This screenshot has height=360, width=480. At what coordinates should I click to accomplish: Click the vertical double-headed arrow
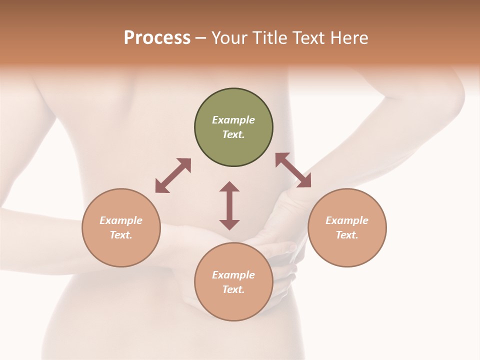coord(229,205)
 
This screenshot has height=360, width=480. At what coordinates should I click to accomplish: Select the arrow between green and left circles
coord(173,175)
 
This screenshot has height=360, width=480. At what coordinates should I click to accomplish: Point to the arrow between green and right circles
coord(293,170)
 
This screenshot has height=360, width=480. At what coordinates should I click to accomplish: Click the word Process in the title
coord(157,38)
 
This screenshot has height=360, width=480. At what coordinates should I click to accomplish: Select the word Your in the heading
coord(228,38)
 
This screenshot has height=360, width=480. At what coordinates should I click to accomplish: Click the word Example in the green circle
coord(233,120)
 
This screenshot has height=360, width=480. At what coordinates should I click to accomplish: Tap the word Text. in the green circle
coord(233,134)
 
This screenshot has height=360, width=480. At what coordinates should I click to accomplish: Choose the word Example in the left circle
coord(121,220)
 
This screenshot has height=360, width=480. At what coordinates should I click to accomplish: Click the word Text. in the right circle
coord(347,235)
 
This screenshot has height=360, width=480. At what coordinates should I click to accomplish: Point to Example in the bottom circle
coord(233,275)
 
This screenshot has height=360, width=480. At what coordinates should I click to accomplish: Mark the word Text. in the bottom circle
coord(233,289)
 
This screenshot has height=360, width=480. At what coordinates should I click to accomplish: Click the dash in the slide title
coord(201,38)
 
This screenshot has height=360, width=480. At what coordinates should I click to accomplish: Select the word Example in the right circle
coord(347,220)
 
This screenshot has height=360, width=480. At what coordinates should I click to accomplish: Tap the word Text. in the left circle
coord(121,235)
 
